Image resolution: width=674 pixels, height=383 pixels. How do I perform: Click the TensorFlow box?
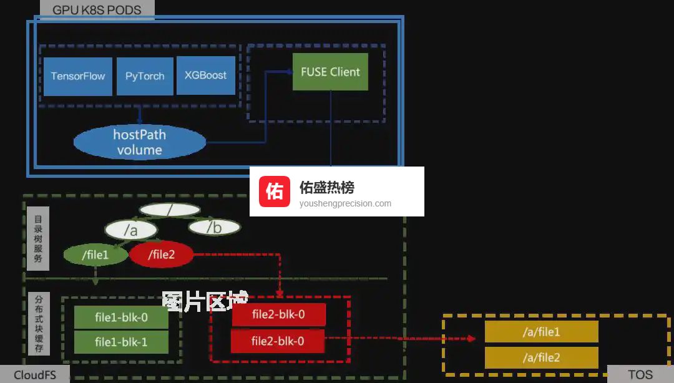point(78,76)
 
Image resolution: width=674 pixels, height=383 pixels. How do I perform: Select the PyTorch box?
point(145,76)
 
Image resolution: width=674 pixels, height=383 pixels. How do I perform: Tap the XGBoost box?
point(205,75)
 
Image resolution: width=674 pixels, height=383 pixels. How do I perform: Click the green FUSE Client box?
point(330,72)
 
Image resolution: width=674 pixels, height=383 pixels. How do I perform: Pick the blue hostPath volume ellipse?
point(139,142)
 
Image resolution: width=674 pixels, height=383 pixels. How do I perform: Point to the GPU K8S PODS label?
point(97,10)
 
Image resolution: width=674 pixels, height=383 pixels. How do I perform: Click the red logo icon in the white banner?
point(275,191)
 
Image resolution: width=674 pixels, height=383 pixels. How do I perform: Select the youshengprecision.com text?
point(345,203)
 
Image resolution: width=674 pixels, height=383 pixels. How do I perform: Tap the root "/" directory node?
point(169,210)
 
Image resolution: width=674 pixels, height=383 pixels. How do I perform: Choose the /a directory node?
point(130,230)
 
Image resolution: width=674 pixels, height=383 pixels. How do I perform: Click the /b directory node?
point(214,228)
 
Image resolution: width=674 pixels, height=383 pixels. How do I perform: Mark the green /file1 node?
point(95,255)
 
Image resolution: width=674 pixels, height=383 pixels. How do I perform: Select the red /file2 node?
point(162,255)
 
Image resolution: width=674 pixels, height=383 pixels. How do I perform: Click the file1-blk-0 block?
point(121,318)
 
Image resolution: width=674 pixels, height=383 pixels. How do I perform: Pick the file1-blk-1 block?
point(121,342)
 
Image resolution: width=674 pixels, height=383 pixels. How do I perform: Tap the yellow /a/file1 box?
point(541,332)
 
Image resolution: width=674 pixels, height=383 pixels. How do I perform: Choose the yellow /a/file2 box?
point(541,357)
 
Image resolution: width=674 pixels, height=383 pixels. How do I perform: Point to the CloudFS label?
point(34,375)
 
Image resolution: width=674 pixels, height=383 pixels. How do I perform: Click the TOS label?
point(640,375)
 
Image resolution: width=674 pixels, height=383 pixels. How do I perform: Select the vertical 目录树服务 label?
point(38,238)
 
